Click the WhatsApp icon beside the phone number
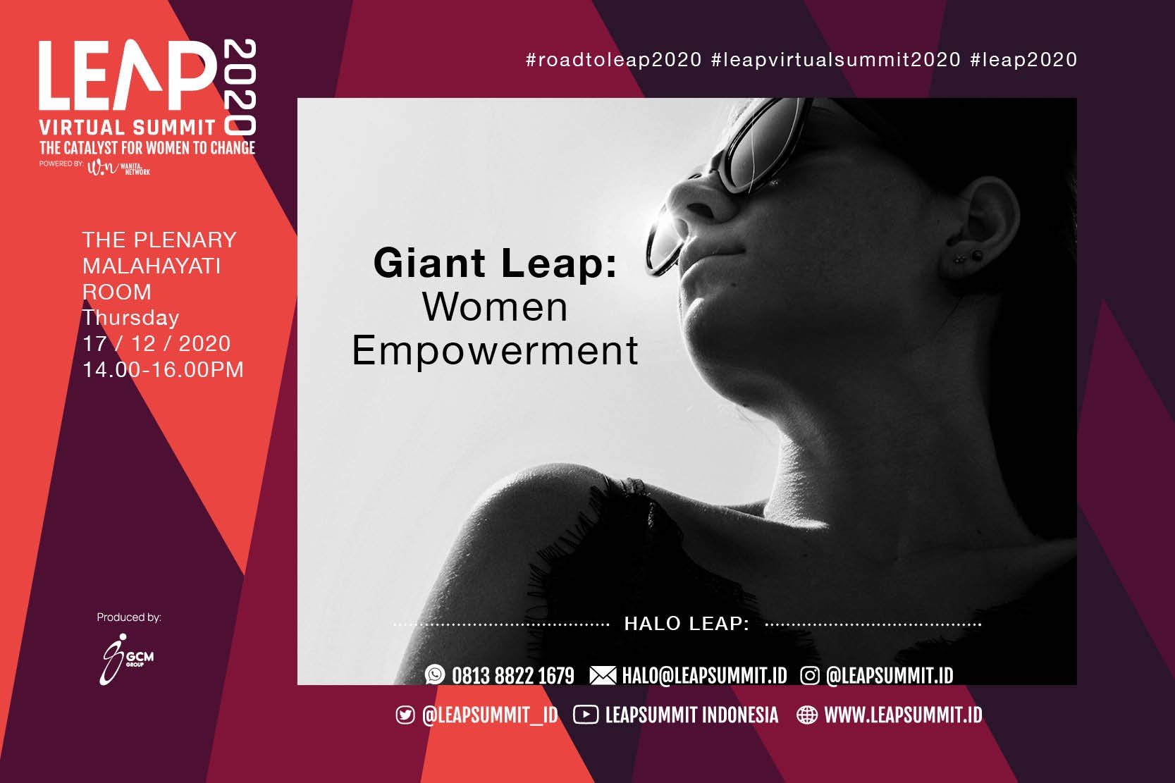(x=435, y=674)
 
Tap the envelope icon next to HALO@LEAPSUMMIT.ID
(x=603, y=675)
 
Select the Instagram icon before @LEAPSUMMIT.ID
(x=809, y=675)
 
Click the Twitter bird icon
(x=405, y=715)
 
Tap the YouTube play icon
(x=586, y=715)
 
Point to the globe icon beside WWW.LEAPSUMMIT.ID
(x=807, y=715)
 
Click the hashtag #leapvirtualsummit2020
(x=836, y=60)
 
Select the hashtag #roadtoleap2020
(x=614, y=60)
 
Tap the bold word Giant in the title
(x=429, y=263)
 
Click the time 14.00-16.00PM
(x=163, y=369)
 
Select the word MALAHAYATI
(x=152, y=266)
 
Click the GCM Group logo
(x=127, y=659)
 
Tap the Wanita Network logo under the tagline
(x=118, y=167)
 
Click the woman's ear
(x=980, y=228)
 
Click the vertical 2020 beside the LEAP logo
(x=240, y=87)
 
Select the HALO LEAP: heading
(x=687, y=624)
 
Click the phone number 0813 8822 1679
(x=513, y=675)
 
